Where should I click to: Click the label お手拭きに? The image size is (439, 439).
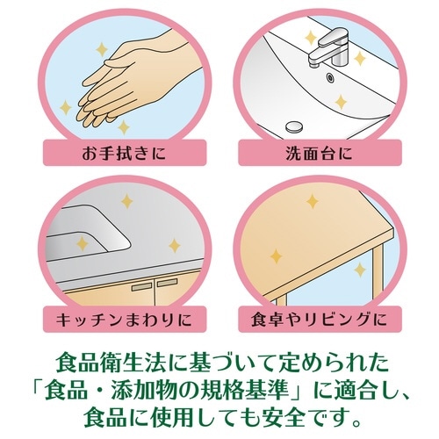125,154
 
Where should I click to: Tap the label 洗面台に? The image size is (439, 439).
320,154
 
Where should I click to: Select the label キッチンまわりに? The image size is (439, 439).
125,320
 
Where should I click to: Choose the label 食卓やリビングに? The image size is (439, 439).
320,320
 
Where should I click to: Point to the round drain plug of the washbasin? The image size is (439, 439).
294,126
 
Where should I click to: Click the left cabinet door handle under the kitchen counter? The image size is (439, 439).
141,286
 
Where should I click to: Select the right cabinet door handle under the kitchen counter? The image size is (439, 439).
168,282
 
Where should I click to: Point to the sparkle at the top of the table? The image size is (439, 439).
313,201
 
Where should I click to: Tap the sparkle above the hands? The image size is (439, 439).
102,49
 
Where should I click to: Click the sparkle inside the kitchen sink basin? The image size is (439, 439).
83,243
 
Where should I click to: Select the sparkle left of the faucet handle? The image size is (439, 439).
310,38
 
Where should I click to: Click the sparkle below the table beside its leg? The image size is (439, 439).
360,270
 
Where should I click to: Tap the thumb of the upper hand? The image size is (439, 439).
117,62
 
